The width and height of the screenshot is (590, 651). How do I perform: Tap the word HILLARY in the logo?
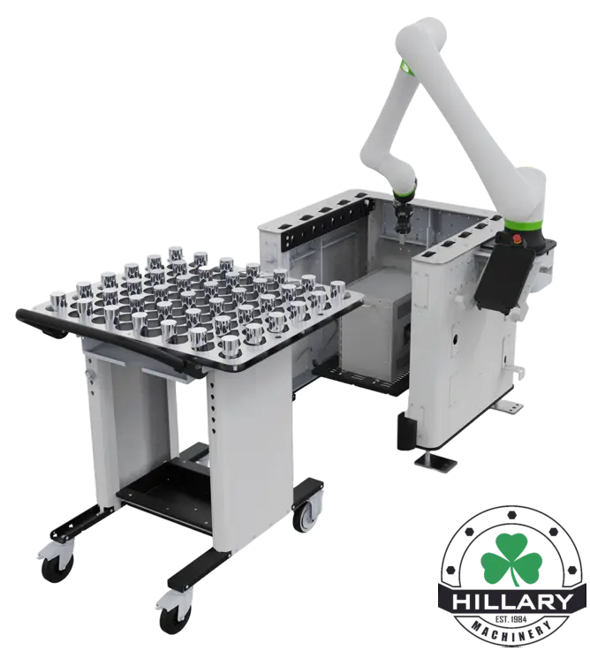[x=513, y=602]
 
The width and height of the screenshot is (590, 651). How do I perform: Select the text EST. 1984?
[x=511, y=619]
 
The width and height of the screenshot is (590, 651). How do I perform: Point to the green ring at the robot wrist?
[x=405, y=193]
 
